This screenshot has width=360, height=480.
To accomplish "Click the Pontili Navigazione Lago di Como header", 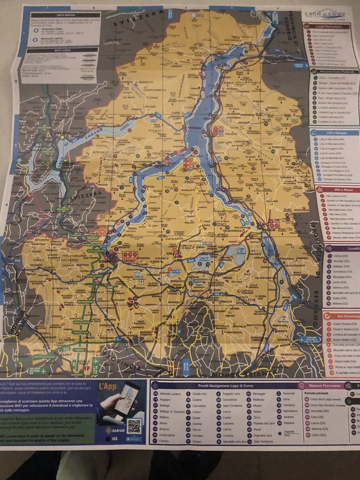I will pyautogui.click(x=224, y=385).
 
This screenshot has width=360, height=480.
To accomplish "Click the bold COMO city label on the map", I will pyautogui.click(x=104, y=262).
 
